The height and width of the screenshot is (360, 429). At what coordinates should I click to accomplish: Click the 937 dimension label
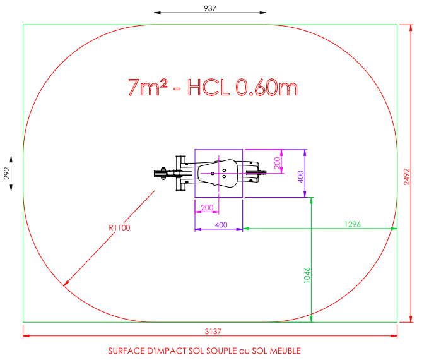(210, 8)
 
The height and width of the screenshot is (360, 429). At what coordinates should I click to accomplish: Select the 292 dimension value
(7, 174)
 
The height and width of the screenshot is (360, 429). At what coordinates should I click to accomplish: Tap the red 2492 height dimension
(407, 177)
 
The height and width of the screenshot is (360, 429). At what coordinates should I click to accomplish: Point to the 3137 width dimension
(213, 332)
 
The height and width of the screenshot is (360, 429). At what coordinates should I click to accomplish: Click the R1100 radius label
(119, 227)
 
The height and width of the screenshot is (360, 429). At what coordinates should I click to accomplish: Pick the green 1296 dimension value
(353, 224)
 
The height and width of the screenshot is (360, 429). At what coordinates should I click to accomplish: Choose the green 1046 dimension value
(307, 275)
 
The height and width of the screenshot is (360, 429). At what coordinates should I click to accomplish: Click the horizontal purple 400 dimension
(221, 225)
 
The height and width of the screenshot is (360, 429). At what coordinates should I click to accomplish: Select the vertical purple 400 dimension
(301, 177)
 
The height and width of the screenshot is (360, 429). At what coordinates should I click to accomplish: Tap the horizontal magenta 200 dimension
(207, 208)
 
